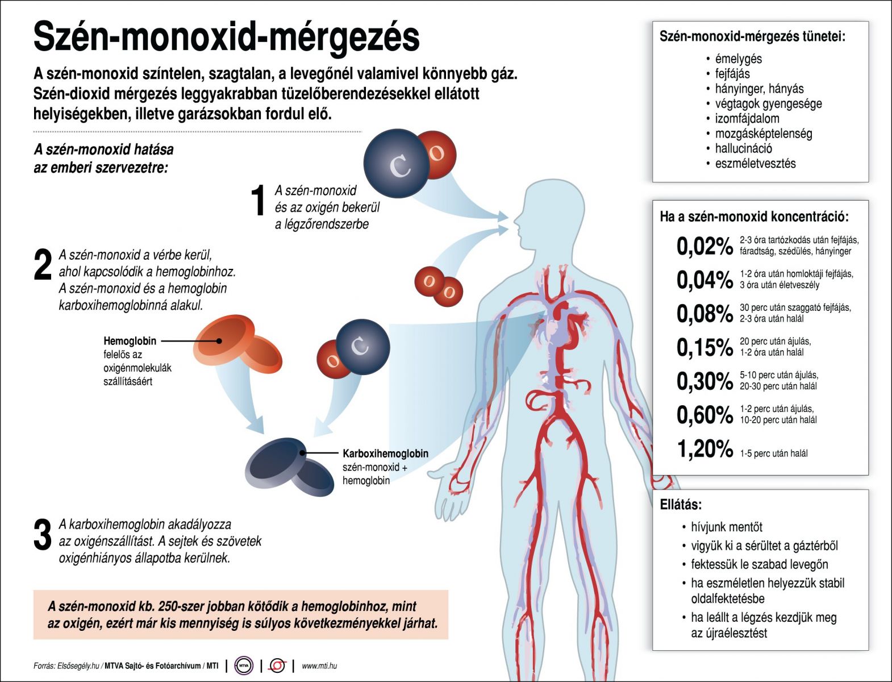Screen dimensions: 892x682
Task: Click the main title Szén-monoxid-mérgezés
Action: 226,38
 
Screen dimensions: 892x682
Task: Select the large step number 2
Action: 43,264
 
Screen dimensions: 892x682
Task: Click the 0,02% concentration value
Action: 705,246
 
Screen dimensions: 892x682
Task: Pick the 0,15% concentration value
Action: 705,347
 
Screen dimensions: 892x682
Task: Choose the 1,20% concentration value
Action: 705,449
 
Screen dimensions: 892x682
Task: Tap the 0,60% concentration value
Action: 705,415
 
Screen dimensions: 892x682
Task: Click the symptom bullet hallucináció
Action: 743,148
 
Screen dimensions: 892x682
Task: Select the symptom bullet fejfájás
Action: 732,73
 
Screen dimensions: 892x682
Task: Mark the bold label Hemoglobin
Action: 130,340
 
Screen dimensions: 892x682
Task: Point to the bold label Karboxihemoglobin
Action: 385,454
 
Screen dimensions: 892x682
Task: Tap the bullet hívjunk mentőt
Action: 727,527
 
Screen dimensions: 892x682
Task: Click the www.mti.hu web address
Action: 319,666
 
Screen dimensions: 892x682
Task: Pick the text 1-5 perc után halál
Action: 774,453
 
